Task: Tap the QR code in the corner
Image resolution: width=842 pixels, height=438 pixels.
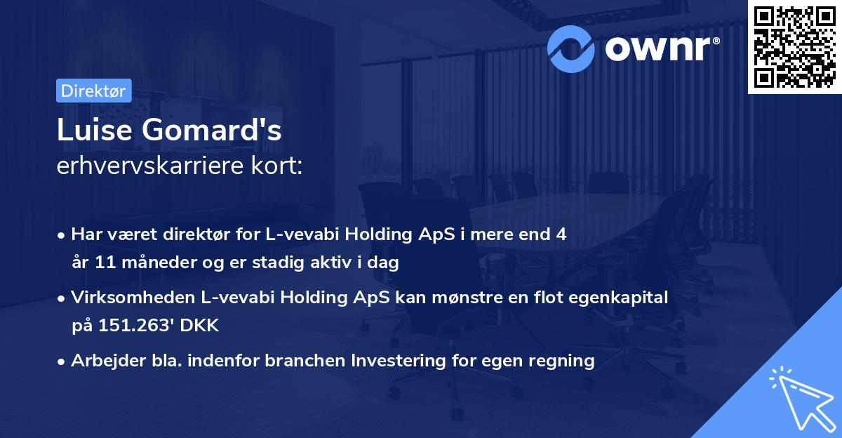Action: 794,46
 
